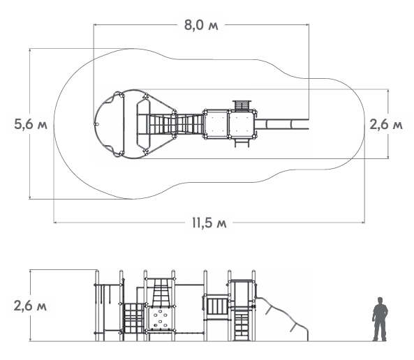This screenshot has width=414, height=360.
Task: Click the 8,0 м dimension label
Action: coord(201,25)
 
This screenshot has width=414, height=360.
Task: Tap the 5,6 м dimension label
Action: coord(31,124)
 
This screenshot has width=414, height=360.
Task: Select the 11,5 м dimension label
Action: coord(209,223)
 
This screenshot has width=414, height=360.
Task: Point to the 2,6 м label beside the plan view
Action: coord(386,124)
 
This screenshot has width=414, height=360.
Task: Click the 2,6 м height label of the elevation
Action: coord(30,306)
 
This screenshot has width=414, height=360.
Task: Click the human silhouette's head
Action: coord(380,301)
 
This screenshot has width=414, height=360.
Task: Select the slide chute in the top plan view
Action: coord(281,124)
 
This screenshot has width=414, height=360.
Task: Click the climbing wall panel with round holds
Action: coord(159,319)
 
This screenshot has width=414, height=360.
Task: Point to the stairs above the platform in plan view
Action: coord(242,105)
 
